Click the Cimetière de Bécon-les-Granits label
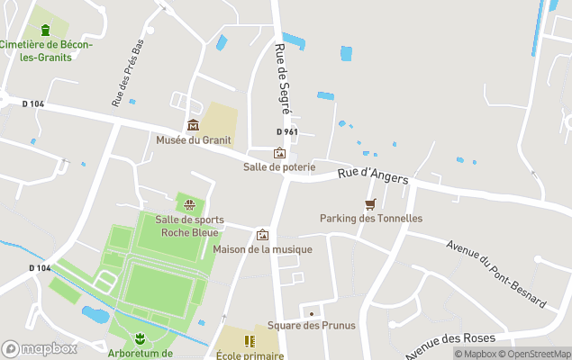point(46,50)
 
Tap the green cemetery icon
point(46,30)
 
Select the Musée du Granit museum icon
point(193,124)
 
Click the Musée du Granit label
point(193,139)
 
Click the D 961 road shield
point(288,131)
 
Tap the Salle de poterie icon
point(279,152)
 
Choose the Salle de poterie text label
point(279,166)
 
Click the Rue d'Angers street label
point(373,175)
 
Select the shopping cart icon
point(370,204)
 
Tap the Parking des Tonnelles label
point(370,218)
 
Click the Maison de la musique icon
point(263,234)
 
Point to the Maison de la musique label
point(263,249)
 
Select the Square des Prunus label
point(312,325)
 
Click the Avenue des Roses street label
point(449,342)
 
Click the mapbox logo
point(40,348)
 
